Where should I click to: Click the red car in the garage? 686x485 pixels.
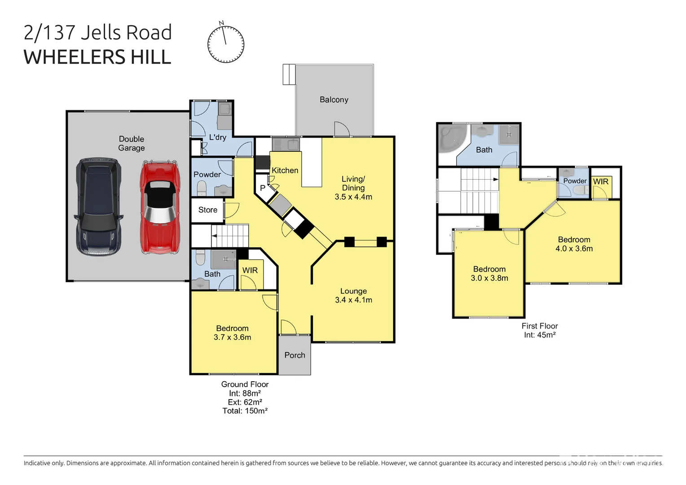(x=160, y=207)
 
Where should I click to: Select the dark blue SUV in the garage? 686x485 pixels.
(x=98, y=207)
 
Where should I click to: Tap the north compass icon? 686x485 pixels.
(x=226, y=43)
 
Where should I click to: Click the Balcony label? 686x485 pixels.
(x=334, y=100)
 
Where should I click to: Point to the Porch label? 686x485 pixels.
(x=295, y=355)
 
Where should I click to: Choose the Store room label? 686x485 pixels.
(x=207, y=210)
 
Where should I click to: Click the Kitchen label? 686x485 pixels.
(x=285, y=170)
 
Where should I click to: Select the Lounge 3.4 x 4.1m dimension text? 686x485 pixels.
(x=353, y=300)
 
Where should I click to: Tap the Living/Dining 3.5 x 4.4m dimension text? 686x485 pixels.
(x=353, y=197)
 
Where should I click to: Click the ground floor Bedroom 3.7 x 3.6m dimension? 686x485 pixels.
(x=232, y=337)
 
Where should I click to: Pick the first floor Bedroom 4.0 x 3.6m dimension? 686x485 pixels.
(x=574, y=248)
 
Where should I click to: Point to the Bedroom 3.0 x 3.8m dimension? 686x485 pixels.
(x=489, y=278)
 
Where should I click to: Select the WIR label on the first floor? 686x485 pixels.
(x=601, y=181)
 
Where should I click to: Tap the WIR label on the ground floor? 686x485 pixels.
(x=250, y=270)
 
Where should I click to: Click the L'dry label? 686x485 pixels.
(x=217, y=137)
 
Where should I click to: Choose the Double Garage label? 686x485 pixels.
(x=132, y=143)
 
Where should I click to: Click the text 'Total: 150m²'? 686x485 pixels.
(x=245, y=411)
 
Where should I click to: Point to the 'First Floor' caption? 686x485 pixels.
(x=540, y=326)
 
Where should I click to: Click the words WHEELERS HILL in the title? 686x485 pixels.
(x=97, y=57)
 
